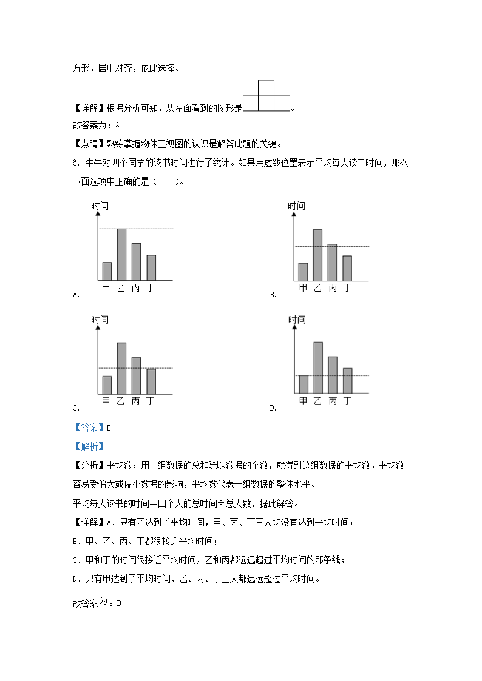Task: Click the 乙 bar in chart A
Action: point(121,254)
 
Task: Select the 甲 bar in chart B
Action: point(303,272)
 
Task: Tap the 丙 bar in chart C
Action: point(136,375)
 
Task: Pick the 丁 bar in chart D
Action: point(347,380)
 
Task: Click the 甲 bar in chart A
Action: point(107,271)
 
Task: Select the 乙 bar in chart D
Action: point(318,367)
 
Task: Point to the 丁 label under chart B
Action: point(347,288)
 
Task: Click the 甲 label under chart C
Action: point(106,401)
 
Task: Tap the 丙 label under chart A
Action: point(135,288)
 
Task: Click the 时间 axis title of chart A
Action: point(100,206)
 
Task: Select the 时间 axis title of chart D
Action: point(297,320)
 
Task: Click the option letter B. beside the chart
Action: point(273,295)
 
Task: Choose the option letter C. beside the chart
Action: point(76,408)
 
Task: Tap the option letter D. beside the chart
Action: point(273,408)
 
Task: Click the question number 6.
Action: point(75,163)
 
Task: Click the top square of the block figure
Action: point(266,88)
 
